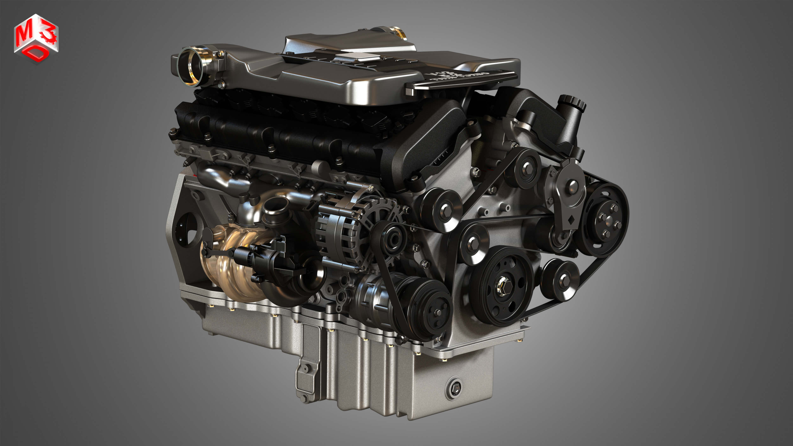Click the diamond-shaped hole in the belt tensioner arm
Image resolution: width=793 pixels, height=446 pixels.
pyautogui.click(x=571, y=219)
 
